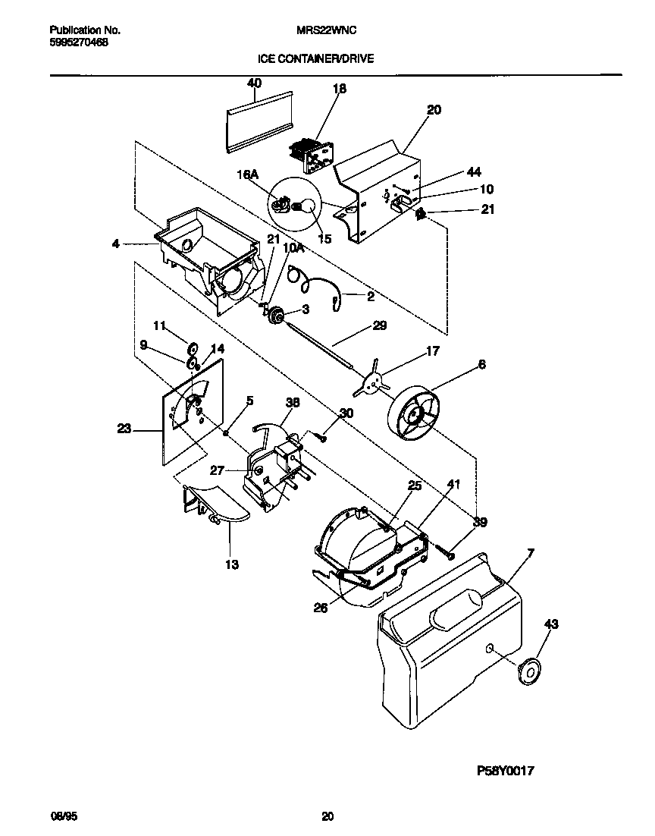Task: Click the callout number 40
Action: point(254,83)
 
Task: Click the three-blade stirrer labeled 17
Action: point(371,386)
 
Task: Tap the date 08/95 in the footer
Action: point(61,816)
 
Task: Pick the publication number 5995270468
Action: point(78,43)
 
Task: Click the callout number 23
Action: point(124,429)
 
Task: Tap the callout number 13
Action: point(231,564)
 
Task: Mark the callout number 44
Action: point(474,172)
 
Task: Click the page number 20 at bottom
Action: point(327,816)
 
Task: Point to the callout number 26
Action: point(321,606)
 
